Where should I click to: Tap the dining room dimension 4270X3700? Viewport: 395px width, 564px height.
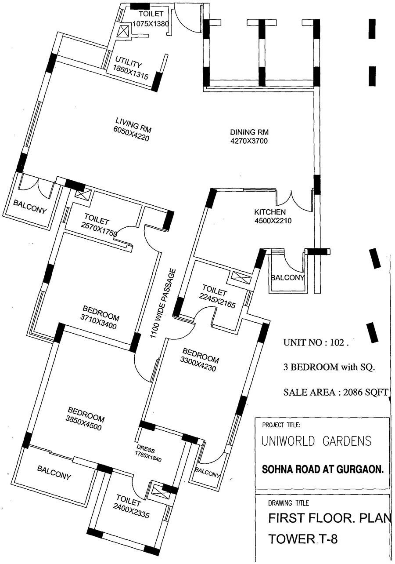pos(249,141)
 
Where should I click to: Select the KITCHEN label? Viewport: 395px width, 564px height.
pos(269,212)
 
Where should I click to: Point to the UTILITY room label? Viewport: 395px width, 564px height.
pos(129,62)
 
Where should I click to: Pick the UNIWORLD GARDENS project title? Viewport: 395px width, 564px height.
pos(316,440)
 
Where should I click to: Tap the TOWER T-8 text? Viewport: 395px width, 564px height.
pos(303,539)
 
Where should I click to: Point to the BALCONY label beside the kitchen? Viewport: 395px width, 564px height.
pos(287,278)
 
